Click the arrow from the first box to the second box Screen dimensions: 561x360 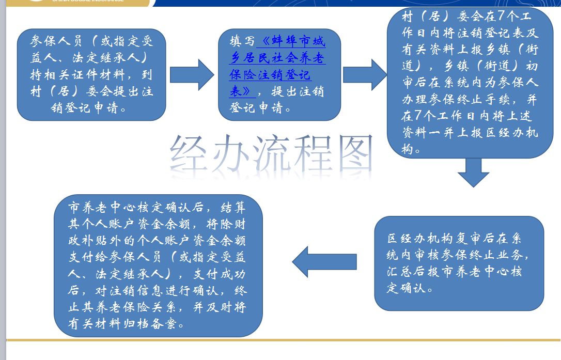(192, 75)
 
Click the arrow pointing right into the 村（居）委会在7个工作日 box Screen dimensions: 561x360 (365, 75)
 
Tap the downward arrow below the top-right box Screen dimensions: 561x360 (473, 173)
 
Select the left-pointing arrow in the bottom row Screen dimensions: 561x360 (324, 261)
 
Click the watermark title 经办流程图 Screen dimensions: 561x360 (271, 154)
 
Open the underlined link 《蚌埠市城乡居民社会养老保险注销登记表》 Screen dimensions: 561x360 (277, 66)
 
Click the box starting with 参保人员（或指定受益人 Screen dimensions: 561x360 (91, 75)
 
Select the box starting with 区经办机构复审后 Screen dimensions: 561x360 (459, 263)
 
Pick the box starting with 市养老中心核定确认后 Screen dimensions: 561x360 (158, 265)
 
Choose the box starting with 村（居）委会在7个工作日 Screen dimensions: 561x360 (470, 83)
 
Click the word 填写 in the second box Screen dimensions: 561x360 (242, 41)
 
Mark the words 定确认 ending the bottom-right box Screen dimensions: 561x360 (406, 288)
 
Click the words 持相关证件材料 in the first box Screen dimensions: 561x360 (77, 75)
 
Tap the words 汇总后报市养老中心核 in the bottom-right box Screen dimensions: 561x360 (455, 271)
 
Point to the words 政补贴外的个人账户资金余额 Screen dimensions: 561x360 (157, 241)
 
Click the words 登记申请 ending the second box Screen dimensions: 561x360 (256, 107)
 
